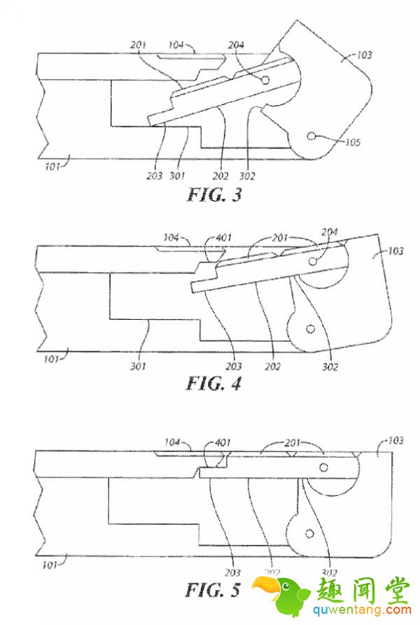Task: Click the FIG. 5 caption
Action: (x=213, y=589)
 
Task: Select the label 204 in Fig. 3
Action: (x=237, y=45)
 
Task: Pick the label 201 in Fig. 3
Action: (x=139, y=45)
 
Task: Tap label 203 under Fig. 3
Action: (x=155, y=175)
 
